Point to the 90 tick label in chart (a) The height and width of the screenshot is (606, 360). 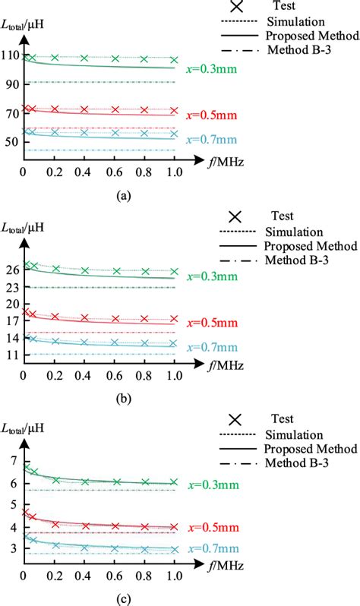coord(11,84)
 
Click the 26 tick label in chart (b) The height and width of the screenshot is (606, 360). coord(11,269)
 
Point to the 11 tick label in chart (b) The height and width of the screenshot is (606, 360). coord(11,353)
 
